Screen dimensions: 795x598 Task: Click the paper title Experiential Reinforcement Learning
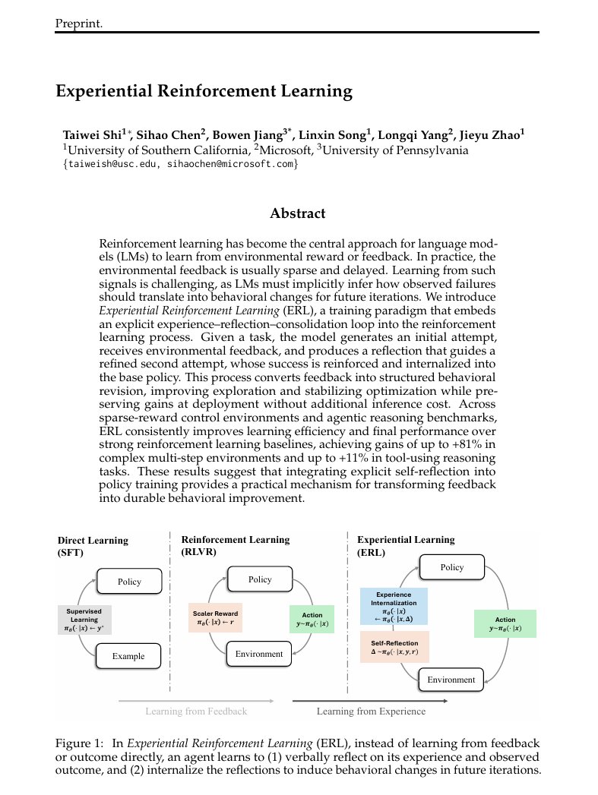pos(204,92)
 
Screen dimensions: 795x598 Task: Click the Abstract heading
pos(298,213)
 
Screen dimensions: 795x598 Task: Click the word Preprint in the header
pos(79,24)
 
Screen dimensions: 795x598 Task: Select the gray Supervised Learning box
pos(84,620)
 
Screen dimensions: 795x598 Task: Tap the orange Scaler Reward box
pos(215,618)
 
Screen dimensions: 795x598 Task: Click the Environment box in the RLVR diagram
pos(259,654)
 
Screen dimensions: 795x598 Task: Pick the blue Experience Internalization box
pos(394,606)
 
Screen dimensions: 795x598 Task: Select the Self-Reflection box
pos(394,648)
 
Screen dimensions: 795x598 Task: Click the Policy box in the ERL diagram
pos(451,567)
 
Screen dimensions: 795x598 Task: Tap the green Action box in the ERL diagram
pos(505,623)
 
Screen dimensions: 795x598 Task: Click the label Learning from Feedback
pos(196,711)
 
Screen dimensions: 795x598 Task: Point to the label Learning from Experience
pos(371,711)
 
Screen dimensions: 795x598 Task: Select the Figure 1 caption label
pos(80,742)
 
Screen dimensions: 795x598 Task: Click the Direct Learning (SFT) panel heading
pos(93,546)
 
